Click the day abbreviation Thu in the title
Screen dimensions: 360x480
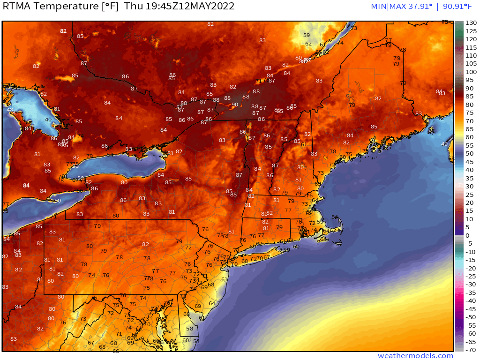138,7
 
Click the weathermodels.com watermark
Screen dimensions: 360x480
415,356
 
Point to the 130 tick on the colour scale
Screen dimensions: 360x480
471,23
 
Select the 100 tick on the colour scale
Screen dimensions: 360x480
471,72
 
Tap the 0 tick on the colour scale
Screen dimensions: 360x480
467,235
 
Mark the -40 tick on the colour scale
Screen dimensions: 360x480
471,300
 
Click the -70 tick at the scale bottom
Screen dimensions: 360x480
471,350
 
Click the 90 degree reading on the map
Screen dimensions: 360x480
235,105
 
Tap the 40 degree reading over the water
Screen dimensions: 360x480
48,120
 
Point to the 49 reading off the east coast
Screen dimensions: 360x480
444,144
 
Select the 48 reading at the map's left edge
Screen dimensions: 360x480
10,109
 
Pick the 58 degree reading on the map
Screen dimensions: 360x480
189,329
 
